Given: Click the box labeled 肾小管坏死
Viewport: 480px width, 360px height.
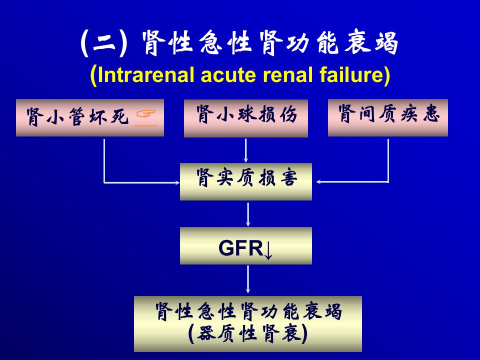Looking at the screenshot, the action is tap(89, 117).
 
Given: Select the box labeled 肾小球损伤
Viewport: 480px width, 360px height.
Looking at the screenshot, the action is tap(246, 118).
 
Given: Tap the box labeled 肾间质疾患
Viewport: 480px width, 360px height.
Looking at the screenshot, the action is tap(388, 117).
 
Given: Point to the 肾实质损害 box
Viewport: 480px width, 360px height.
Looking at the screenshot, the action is tap(246, 181).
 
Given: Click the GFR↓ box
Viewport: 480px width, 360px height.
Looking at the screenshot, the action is tap(246, 245).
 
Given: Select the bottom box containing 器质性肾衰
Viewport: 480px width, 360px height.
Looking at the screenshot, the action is tap(248, 324).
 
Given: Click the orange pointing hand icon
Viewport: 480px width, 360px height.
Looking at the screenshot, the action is tap(146, 114).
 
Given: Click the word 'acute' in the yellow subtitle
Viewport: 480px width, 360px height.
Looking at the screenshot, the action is tap(228, 75).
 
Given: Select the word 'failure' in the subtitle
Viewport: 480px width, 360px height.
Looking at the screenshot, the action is tap(351, 75).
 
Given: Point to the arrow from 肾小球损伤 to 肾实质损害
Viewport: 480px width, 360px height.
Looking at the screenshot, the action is tap(245, 150).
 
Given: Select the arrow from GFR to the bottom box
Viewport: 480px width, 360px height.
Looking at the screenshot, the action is tap(248, 279).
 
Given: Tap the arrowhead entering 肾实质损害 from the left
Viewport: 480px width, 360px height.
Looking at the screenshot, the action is tap(177, 183).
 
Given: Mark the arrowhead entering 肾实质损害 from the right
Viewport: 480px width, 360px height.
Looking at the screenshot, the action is tap(318, 182).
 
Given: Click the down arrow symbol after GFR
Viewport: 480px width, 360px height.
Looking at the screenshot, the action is tap(268, 249).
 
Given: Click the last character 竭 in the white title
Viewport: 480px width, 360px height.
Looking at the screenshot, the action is tap(386, 43).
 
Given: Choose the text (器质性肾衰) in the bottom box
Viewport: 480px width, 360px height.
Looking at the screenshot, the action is tap(248, 333).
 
